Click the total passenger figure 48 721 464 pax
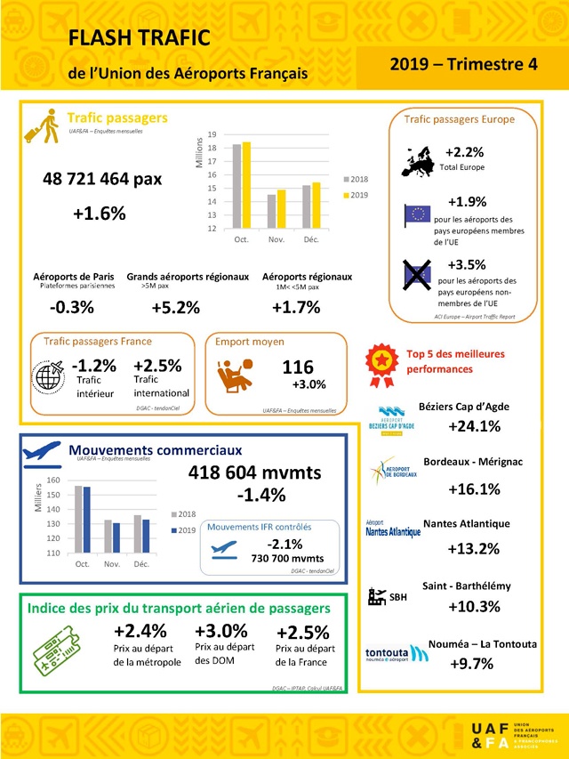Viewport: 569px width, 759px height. [x=102, y=178]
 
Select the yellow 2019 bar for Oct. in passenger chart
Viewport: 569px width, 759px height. [x=246, y=185]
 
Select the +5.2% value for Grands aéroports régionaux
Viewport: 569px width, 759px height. [x=175, y=308]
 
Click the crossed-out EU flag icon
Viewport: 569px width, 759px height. [x=418, y=273]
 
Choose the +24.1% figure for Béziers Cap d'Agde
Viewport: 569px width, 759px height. [x=475, y=425]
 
